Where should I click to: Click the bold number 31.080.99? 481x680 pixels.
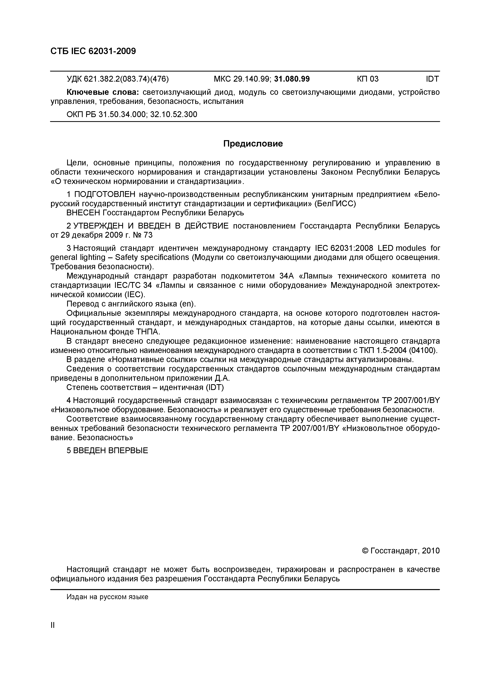coord(292,79)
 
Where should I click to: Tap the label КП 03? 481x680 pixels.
coord(367,79)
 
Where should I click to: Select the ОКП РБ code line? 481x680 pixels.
coord(132,114)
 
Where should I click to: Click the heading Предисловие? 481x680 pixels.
coord(253,144)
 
